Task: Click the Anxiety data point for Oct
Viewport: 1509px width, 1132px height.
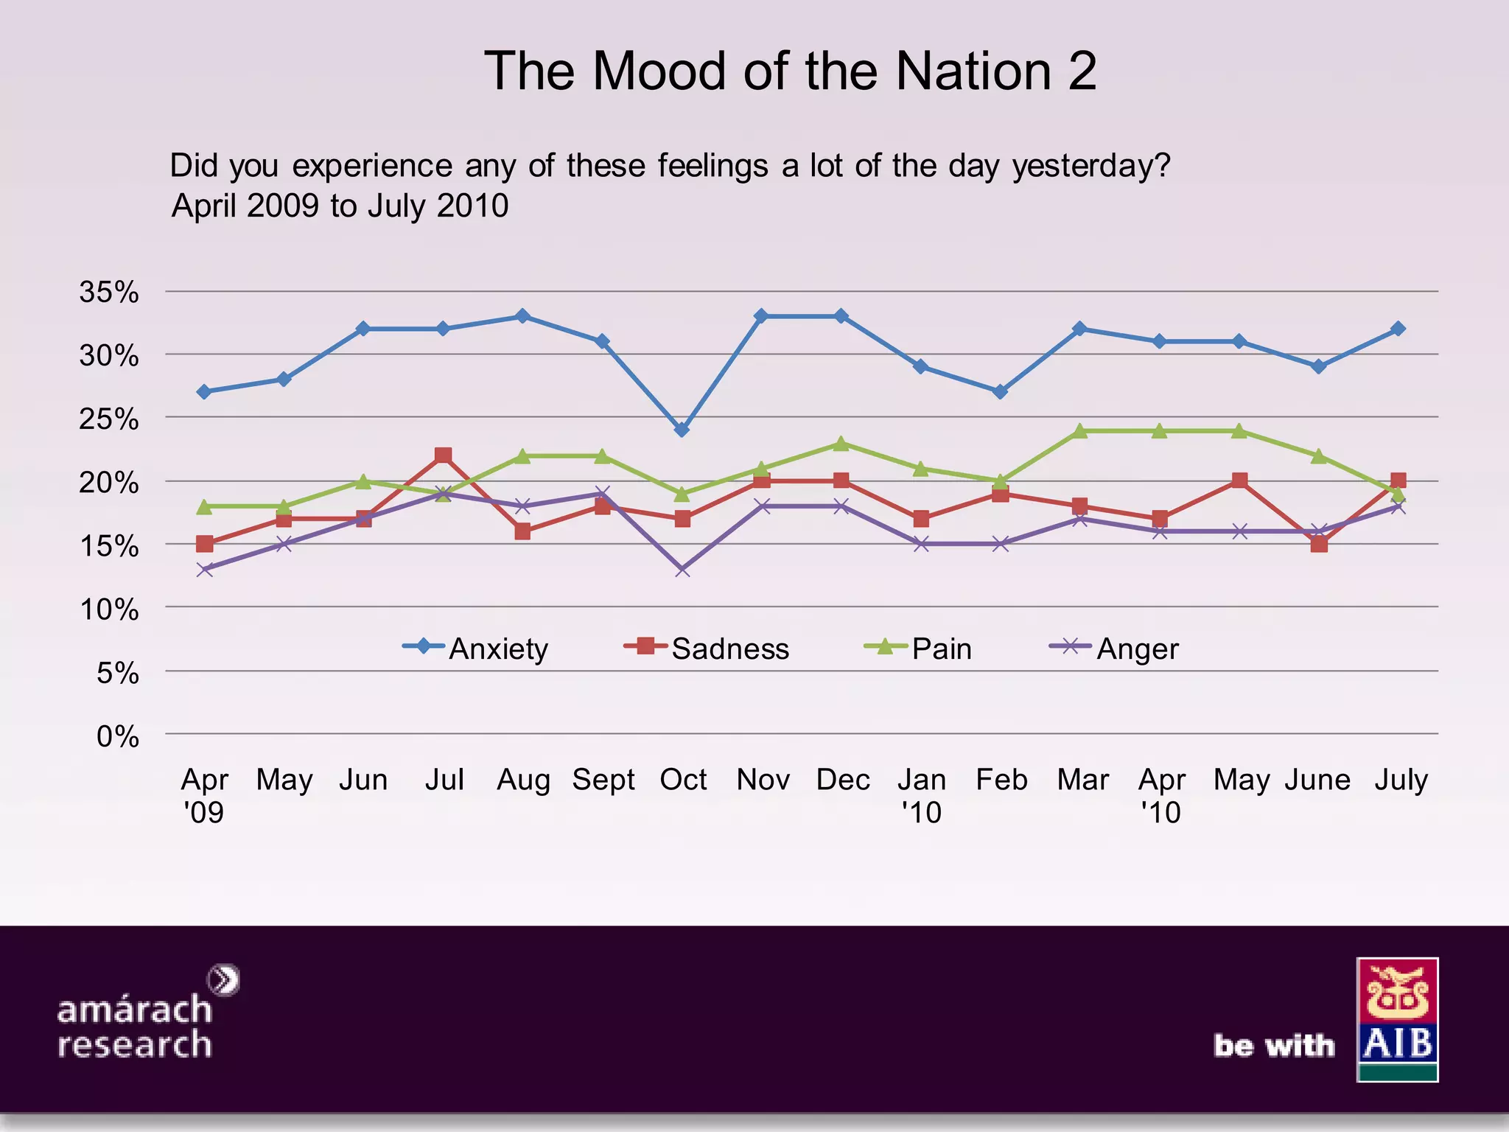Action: (x=682, y=430)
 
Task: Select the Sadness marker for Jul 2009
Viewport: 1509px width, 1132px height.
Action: (x=443, y=455)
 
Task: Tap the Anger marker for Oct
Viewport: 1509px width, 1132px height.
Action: (x=682, y=570)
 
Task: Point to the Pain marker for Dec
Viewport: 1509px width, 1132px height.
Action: (x=841, y=444)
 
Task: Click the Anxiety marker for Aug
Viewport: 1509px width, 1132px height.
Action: (x=522, y=316)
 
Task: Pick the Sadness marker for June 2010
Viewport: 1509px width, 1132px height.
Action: (x=1319, y=544)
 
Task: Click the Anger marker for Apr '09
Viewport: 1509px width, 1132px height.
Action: (x=205, y=570)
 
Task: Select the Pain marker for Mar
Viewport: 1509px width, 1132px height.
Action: (x=1080, y=431)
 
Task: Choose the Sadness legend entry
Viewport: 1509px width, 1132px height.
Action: (x=707, y=649)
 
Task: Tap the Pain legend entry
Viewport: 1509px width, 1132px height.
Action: (x=919, y=649)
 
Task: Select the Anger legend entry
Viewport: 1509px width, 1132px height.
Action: (x=1114, y=649)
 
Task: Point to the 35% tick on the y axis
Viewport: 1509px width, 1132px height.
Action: (x=109, y=293)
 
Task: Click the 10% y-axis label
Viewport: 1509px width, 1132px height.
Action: (x=109, y=609)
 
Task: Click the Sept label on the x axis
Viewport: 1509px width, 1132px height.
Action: (x=603, y=780)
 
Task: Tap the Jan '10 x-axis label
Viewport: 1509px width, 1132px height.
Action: (x=921, y=794)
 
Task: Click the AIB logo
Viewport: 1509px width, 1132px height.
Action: (x=1397, y=1019)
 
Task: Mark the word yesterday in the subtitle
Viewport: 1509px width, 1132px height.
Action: (x=1090, y=166)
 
